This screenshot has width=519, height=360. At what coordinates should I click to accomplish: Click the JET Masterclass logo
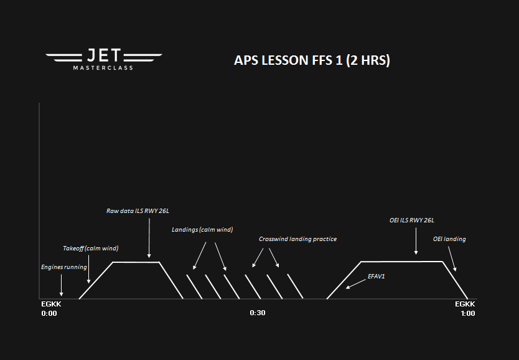coord(103,59)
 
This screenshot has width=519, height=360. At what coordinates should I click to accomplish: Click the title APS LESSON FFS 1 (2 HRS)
coord(312,60)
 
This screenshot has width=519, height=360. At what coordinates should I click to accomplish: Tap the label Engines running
coord(64,267)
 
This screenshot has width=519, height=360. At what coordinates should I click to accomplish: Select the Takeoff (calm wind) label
coord(91,248)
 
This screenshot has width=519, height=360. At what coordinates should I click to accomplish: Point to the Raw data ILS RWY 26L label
coord(138,211)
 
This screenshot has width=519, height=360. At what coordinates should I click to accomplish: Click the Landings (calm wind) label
coord(202,229)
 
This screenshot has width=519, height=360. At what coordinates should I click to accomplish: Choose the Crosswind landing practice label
coord(297,239)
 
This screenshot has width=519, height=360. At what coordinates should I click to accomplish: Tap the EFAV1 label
coord(376,276)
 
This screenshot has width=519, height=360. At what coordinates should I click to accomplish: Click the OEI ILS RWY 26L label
coord(412,220)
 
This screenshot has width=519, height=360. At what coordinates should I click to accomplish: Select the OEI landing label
coord(449,239)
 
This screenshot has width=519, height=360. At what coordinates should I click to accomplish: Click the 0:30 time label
coord(258,313)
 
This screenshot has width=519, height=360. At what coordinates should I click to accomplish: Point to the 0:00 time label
coord(49,313)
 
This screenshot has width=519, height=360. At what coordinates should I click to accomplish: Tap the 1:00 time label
coord(468,313)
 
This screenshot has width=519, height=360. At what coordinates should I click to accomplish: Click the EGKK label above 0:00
coord(51,304)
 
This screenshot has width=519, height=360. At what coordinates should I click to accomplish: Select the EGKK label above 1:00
coord(465,304)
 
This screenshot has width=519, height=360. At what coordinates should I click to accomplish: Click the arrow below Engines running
coord(61,285)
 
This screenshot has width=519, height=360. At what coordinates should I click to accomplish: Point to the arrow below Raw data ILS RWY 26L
coord(149,238)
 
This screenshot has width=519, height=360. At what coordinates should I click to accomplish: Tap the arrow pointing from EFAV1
coord(356,284)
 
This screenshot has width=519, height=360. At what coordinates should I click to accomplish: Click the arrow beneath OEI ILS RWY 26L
coord(416,241)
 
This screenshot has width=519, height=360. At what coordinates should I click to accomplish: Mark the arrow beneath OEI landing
coord(452,259)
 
